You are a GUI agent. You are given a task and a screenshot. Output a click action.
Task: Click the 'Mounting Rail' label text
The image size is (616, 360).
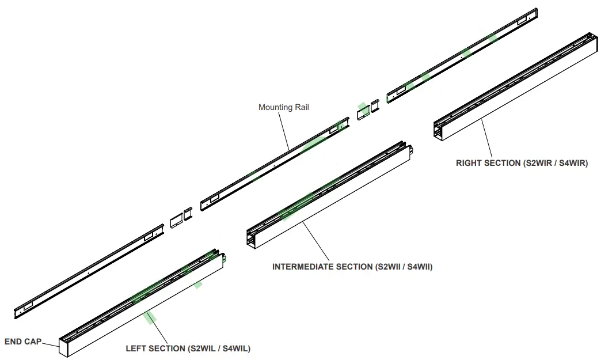click(x=283, y=107)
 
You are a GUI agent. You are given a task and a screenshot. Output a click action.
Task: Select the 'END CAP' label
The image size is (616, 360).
click(x=22, y=342)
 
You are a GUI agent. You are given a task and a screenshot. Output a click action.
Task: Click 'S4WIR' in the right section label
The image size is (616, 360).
click(x=572, y=163)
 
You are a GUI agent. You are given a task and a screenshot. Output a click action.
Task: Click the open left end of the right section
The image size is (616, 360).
click(x=439, y=131)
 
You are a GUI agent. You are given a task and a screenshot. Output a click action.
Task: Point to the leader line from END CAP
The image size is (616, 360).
click(x=51, y=343)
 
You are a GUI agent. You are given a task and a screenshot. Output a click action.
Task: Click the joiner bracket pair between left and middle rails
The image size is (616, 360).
click(x=180, y=218)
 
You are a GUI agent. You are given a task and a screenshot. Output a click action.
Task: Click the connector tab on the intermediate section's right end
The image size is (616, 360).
click(x=412, y=151)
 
